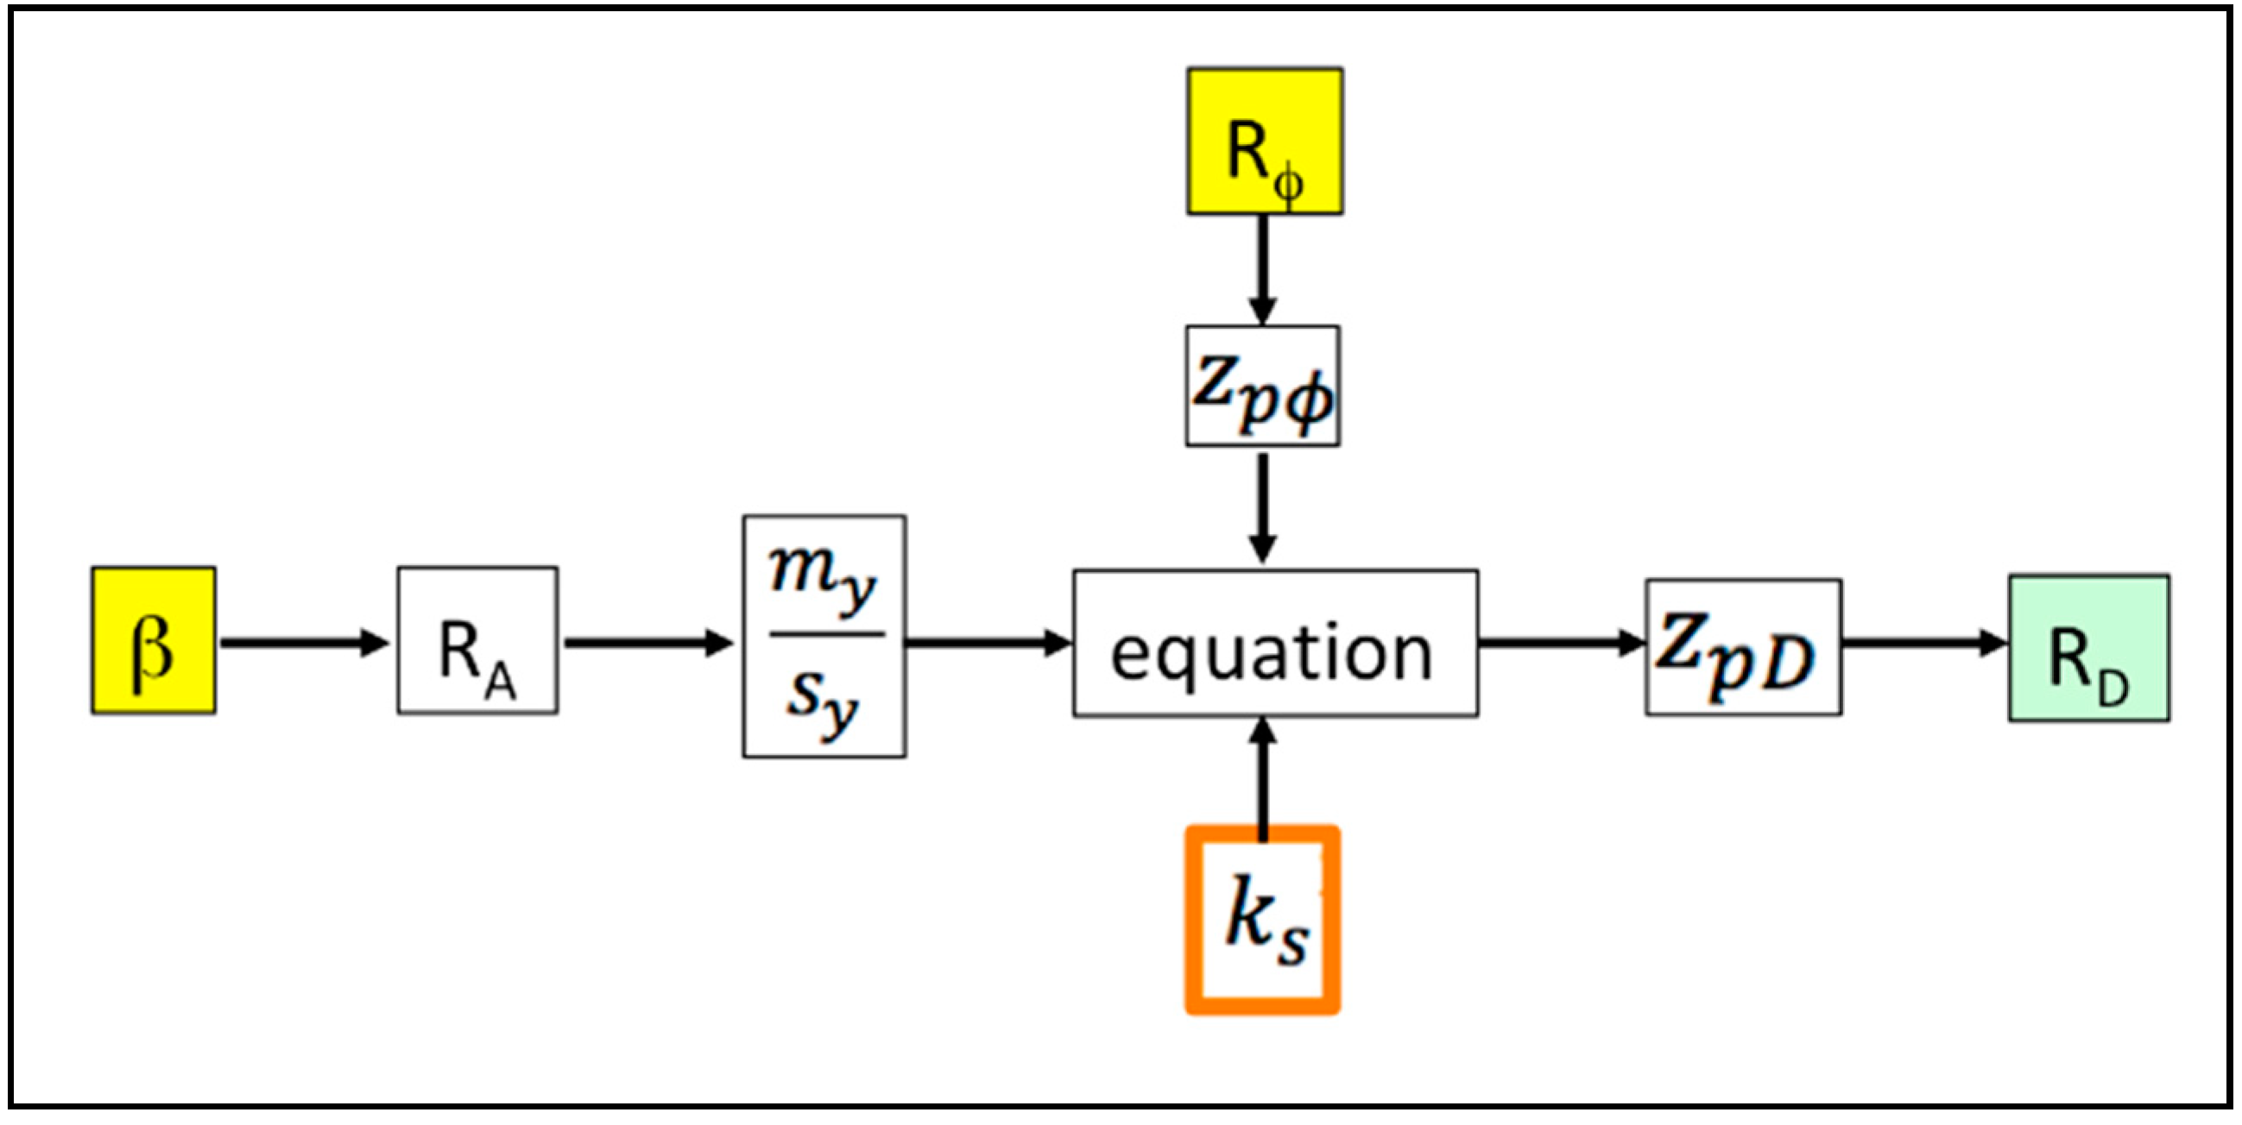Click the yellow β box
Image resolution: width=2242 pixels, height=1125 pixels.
tap(153, 640)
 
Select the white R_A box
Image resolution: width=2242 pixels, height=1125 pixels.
tap(477, 640)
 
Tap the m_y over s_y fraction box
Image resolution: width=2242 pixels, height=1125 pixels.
tap(824, 636)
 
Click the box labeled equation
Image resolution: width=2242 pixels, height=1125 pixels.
tap(1274, 644)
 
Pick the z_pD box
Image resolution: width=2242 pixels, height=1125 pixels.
tap(1742, 647)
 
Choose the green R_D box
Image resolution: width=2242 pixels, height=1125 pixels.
tap(2088, 647)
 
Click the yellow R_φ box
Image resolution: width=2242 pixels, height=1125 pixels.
tap(1264, 141)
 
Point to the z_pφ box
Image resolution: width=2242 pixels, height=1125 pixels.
tap(1262, 387)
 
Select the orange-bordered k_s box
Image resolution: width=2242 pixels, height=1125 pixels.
tap(1262, 921)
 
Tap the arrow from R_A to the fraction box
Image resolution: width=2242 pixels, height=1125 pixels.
tap(647, 643)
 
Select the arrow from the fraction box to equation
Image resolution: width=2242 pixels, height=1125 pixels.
tap(988, 643)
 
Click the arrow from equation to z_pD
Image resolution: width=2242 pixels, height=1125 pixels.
tap(1560, 643)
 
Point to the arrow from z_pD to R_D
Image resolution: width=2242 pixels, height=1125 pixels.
tap(1923, 643)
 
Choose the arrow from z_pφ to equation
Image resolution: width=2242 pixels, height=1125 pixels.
tap(1262, 506)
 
